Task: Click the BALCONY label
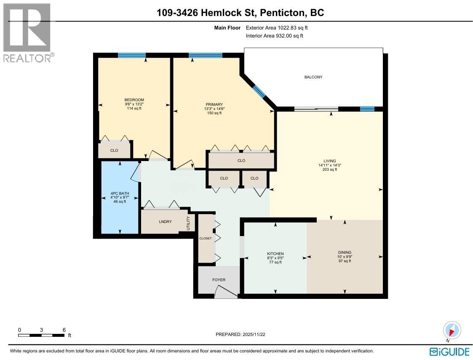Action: (313, 77)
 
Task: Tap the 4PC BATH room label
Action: (120, 193)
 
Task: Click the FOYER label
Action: (219, 280)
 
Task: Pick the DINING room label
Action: (345, 253)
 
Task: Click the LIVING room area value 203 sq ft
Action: (330, 169)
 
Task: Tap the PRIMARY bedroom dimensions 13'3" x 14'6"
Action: (214, 109)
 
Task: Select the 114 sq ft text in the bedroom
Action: (134, 108)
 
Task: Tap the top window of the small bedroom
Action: (132, 55)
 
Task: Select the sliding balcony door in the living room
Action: (316, 109)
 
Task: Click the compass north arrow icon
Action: (452, 330)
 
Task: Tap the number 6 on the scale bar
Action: (64, 330)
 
